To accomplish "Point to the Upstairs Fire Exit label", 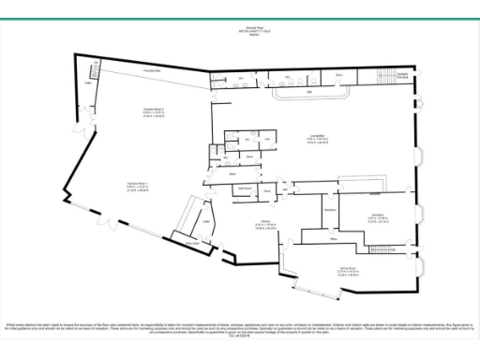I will [402, 75].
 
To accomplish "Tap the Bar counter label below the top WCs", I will [310, 92].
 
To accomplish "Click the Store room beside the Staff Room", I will [268, 190].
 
